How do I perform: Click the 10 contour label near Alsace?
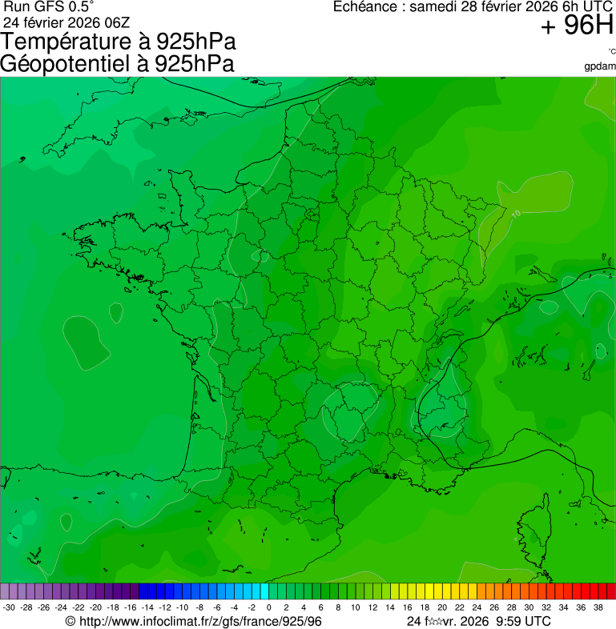coord(516,214)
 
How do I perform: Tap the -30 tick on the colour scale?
coord(10,607)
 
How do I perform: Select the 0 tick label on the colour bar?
coord(268,607)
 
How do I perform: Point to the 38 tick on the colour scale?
coord(598,607)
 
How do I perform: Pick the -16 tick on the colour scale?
coord(131,607)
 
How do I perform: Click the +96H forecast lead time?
coord(577,26)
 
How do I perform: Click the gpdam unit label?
coord(601,66)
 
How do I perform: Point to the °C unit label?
coord(611,51)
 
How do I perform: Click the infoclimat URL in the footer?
coord(200,621)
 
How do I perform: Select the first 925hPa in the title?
coord(196,42)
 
